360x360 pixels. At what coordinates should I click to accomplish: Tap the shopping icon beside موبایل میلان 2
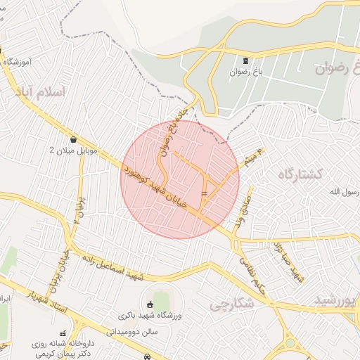(74, 139)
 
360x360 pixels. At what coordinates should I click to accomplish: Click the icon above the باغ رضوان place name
(245, 60)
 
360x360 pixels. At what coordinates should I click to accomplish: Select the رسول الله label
(345, 192)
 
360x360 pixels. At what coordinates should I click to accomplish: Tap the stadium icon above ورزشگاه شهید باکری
(149, 304)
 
